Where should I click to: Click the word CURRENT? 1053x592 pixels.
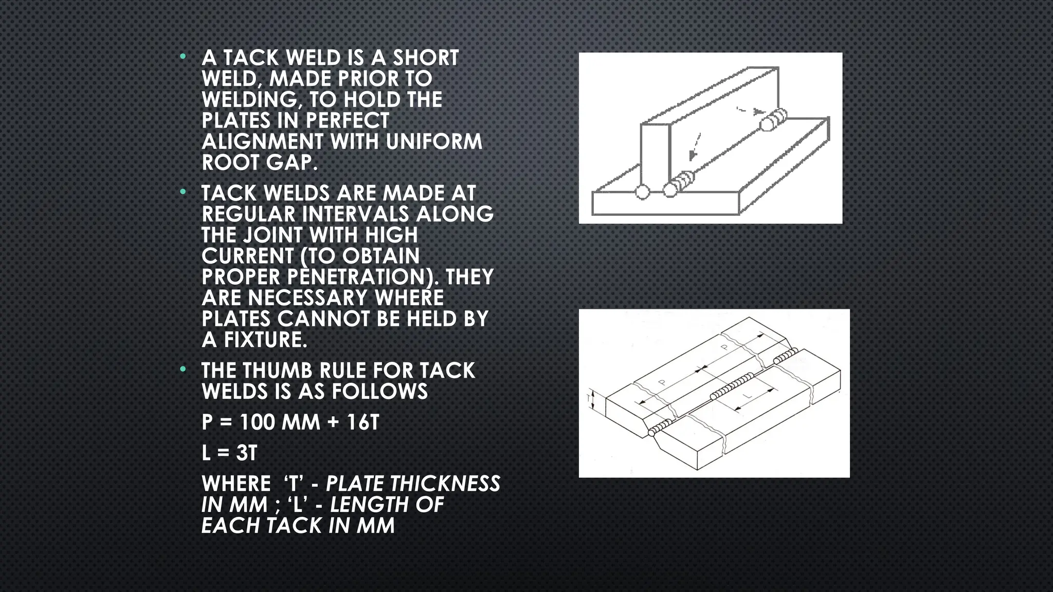click(x=247, y=256)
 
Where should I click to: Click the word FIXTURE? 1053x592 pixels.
click(x=265, y=340)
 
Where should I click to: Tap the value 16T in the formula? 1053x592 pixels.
click(x=362, y=422)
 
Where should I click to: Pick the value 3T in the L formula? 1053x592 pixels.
click(x=246, y=453)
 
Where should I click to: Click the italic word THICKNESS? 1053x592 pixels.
click(x=445, y=484)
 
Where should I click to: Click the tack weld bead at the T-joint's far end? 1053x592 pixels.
click(x=773, y=120)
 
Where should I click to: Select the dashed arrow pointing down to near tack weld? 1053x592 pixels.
click(x=695, y=146)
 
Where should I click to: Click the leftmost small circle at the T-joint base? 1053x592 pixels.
click(x=642, y=192)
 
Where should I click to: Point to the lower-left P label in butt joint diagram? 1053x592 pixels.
click(x=662, y=383)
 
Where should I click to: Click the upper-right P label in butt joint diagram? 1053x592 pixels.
click(x=724, y=347)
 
